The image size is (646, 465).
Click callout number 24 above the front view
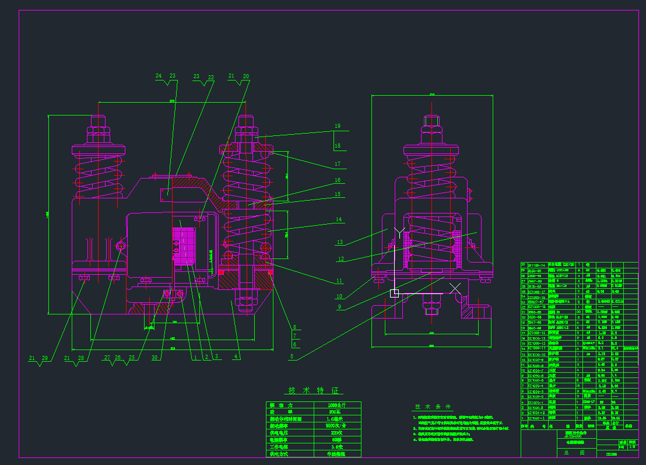point(159,76)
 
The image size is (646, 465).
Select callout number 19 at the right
point(337,126)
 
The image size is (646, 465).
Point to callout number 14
point(338,220)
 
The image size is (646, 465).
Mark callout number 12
point(341,259)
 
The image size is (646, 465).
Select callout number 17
point(337,164)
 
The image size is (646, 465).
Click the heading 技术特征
point(314,391)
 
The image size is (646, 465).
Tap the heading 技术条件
point(433,407)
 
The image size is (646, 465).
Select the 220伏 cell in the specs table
point(337,433)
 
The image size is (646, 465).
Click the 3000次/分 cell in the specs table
point(337,426)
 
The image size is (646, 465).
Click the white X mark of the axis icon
point(455,288)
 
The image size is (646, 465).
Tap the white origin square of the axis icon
point(395,293)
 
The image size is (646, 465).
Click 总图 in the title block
point(564,452)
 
